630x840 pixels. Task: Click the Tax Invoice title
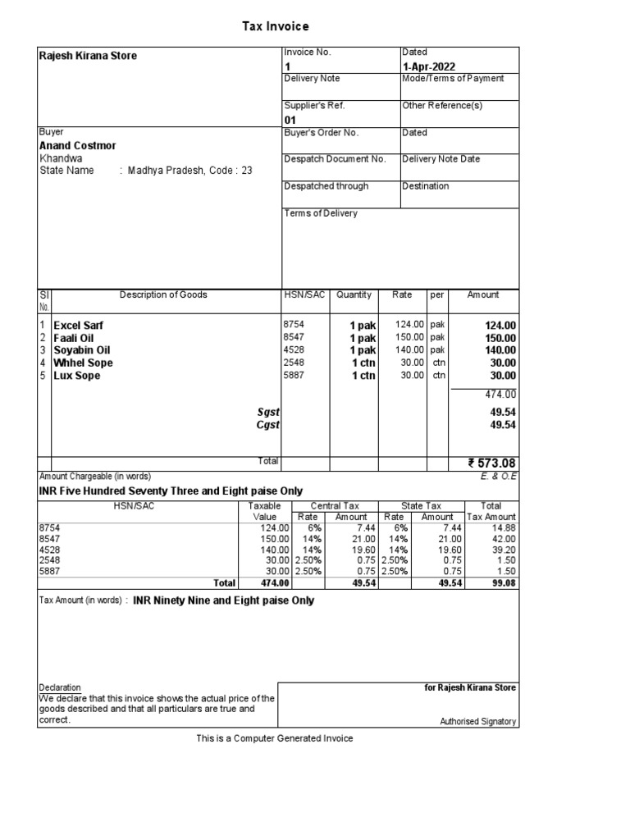[275, 27]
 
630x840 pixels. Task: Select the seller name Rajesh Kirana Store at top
[89, 56]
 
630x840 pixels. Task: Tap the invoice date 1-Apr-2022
[428, 66]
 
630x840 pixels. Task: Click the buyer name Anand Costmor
[78, 145]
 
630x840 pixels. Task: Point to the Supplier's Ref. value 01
[290, 120]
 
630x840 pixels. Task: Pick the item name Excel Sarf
[79, 326]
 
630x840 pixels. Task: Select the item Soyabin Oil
[82, 350]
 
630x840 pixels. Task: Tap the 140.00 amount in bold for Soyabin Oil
[500, 350]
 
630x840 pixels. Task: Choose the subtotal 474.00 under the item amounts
[500, 395]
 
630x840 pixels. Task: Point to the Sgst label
[268, 412]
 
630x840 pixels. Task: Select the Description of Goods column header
[163, 295]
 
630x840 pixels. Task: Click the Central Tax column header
[334, 506]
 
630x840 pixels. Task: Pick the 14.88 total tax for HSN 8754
[504, 527]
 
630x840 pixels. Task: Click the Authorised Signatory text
[478, 722]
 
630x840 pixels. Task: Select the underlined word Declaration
[60, 687]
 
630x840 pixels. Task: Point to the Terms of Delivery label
[321, 213]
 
